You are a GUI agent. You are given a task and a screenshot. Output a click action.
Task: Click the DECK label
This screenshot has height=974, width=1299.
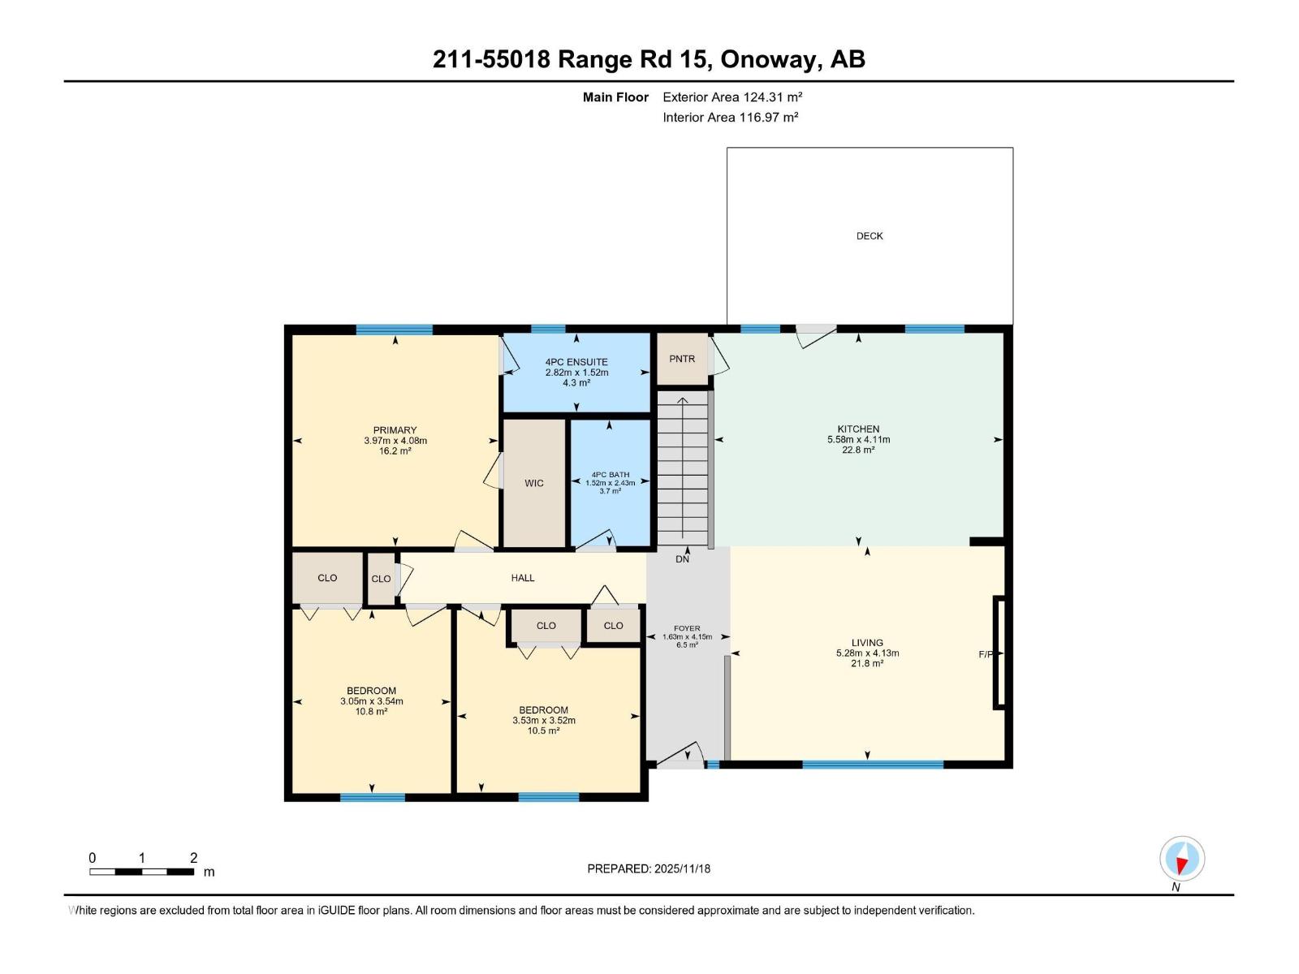pyautogui.click(x=869, y=236)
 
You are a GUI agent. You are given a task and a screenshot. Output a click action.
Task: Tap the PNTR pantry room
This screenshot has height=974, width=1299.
pyautogui.click(x=682, y=359)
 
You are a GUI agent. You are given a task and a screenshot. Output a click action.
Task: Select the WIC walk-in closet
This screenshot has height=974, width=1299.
pyautogui.click(x=533, y=483)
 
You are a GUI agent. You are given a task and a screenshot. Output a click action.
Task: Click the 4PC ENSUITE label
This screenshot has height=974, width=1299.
pyautogui.click(x=576, y=362)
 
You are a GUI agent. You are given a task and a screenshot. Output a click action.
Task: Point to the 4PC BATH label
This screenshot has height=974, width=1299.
pyautogui.click(x=610, y=475)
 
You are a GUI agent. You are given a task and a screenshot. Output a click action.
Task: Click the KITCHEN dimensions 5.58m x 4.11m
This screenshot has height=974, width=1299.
pyautogui.click(x=858, y=440)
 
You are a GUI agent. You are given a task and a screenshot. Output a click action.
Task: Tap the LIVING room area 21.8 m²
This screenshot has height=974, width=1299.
pyautogui.click(x=867, y=664)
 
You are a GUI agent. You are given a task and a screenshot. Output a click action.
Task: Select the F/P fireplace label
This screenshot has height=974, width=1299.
pyautogui.click(x=986, y=654)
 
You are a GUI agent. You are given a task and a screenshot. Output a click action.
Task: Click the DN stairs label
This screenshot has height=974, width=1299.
pyautogui.click(x=682, y=559)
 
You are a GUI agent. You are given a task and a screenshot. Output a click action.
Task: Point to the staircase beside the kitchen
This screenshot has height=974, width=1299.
pyautogui.click(x=682, y=471)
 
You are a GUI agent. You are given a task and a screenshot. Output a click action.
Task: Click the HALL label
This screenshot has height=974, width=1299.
pyautogui.click(x=523, y=578)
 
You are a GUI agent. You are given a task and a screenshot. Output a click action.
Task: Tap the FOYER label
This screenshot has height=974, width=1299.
pyautogui.click(x=687, y=628)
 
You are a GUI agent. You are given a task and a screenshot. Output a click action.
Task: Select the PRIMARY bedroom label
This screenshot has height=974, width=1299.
pyautogui.click(x=395, y=430)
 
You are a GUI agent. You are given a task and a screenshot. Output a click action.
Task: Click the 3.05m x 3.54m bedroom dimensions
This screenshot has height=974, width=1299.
pyautogui.click(x=371, y=701)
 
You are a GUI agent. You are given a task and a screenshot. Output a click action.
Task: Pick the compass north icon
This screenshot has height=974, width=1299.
pyautogui.click(x=1182, y=859)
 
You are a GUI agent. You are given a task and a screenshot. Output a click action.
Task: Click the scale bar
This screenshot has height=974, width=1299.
pyautogui.click(x=142, y=872)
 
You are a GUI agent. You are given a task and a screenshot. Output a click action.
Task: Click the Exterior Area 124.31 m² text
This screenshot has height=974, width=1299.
pyautogui.click(x=732, y=97)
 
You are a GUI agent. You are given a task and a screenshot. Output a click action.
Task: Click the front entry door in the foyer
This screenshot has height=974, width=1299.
pyautogui.click(x=680, y=756)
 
